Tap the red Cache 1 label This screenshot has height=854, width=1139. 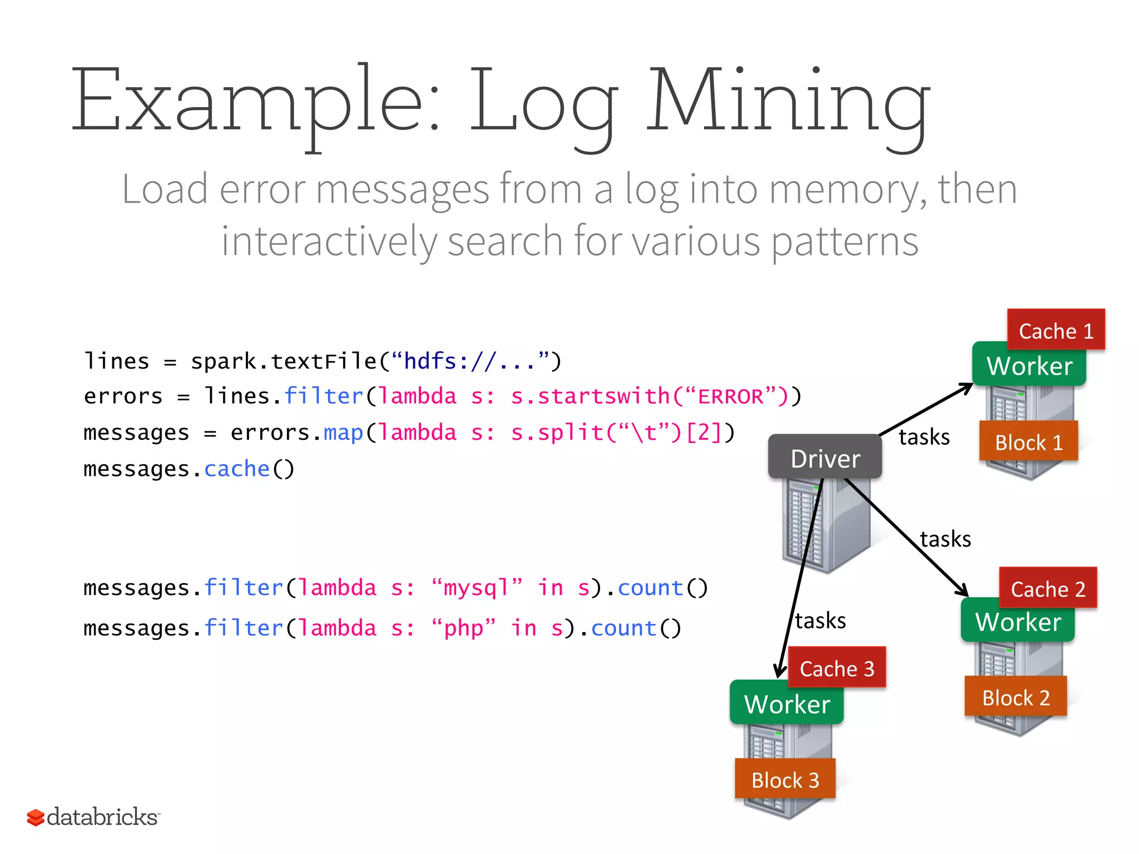[x=1056, y=331]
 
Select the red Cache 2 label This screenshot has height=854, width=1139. [x=1048, y=589]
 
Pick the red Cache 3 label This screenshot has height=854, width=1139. [x=836, y=668]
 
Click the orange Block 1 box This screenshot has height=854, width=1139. [x=1028, y=443]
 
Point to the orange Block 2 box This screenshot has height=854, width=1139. [x=1016, y=697]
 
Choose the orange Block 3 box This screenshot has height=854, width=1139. [x=785, y=779]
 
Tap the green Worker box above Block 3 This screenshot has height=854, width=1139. [x=786, y=704]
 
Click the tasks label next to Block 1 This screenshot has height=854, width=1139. [x=924, y=437]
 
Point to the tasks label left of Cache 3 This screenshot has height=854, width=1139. [x=820, y=620]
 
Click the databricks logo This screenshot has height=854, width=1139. [x=93, y=817]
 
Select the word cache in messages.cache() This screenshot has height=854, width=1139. [x=236, y=469]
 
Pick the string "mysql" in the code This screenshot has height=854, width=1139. [x=477, y=588]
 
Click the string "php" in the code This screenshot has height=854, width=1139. [x=463, y=628]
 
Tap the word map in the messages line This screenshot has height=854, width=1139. [x=343, y=433]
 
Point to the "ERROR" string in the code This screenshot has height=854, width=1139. [x=730, y=396]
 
